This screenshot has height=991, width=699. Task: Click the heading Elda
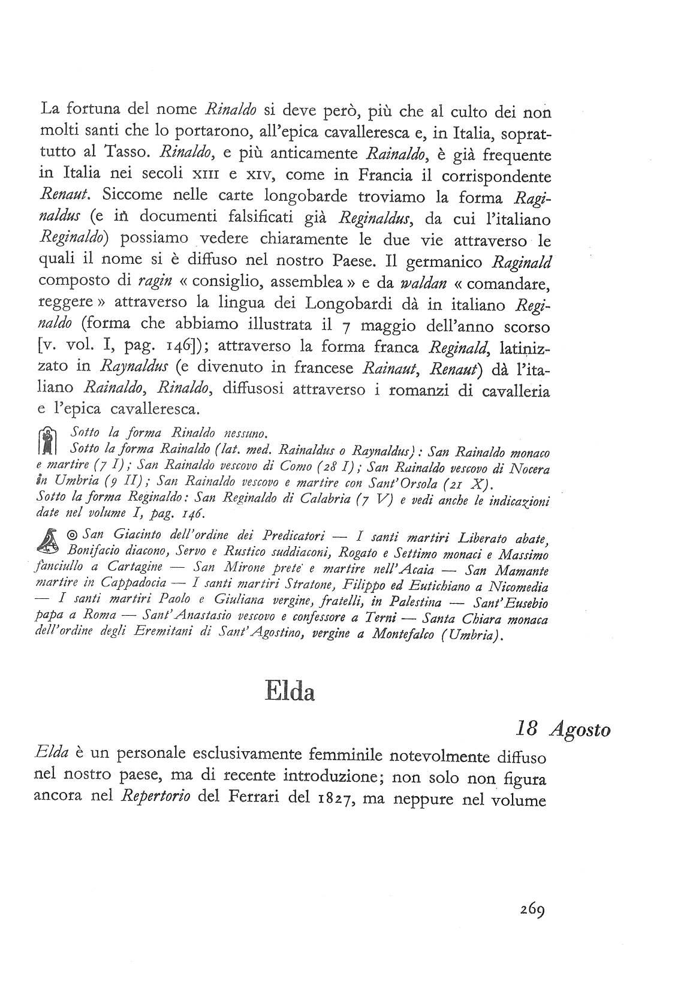tap(290, 692)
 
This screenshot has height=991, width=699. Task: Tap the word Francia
tap(375, 175)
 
